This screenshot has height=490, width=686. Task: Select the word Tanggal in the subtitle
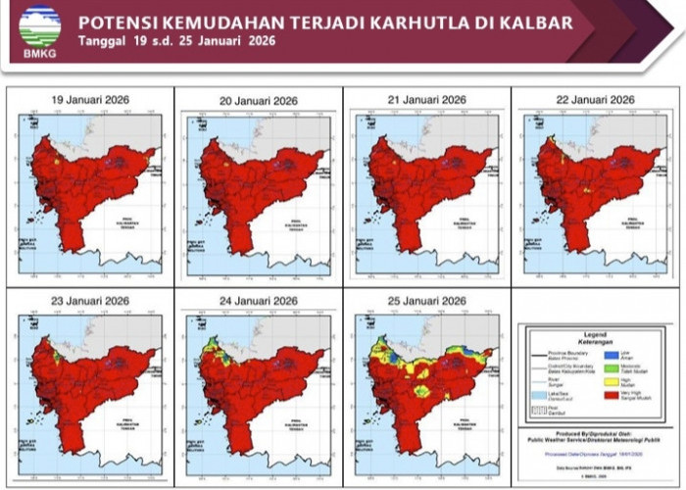(x=101, y=41)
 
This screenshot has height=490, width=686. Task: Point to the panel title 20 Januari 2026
(x=258, y=101)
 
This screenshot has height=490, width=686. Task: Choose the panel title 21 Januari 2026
(x=426, y=100)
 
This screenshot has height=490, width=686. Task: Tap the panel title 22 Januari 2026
(x=595, y=100)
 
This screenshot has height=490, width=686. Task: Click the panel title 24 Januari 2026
(x=258, y=300)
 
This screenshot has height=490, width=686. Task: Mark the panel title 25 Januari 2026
(x=426, y=300)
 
